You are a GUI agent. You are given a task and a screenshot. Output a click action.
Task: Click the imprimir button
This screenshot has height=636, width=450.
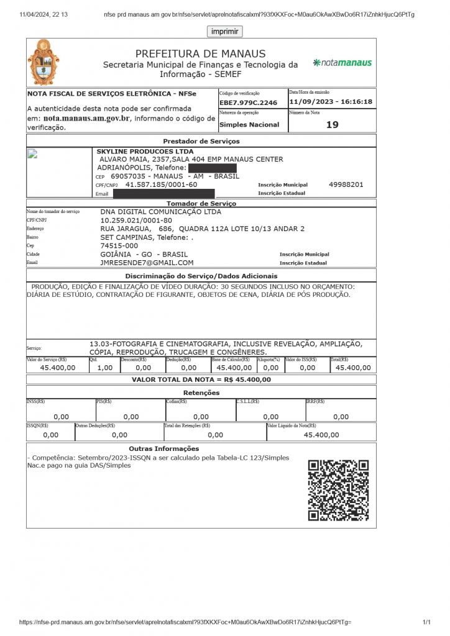[224, 32]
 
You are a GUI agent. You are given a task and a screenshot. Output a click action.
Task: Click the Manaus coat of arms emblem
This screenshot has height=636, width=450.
[44, 62]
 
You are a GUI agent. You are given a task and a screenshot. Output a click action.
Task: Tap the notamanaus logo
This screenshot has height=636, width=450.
[342, 63]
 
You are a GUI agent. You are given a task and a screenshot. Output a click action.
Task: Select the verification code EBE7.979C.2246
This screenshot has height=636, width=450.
[248, 102]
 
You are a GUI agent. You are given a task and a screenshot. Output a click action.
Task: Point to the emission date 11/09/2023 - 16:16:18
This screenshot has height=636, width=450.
[331, 102]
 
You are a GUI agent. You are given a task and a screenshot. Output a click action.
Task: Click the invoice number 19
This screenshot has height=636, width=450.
[333, 125]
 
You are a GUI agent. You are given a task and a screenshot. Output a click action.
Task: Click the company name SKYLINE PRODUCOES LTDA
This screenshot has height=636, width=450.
[145, 152]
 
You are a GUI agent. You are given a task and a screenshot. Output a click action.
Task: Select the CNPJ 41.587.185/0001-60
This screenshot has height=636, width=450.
[162, 184]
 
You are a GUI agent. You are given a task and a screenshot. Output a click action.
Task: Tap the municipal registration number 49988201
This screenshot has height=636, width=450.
[346, 184]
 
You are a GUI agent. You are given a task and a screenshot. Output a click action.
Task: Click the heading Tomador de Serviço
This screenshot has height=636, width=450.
[201, 203]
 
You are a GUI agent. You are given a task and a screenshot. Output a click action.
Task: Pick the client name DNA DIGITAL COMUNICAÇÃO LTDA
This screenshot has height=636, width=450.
[160, 212]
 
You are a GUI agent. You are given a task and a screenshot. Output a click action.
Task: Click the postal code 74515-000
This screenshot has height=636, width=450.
[119, 246]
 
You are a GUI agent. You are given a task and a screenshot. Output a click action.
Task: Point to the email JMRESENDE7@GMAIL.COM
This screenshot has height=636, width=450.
[147, 263]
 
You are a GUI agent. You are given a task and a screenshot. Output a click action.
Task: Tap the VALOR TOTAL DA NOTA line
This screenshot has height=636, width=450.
[201, 379]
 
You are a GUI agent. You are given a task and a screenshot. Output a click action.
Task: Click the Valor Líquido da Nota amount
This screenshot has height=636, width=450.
[321, 435]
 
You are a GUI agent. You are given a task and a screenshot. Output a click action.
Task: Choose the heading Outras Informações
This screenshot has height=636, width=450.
[164, 448]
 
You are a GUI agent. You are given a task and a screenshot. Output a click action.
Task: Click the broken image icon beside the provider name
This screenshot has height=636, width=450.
[34, 155]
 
